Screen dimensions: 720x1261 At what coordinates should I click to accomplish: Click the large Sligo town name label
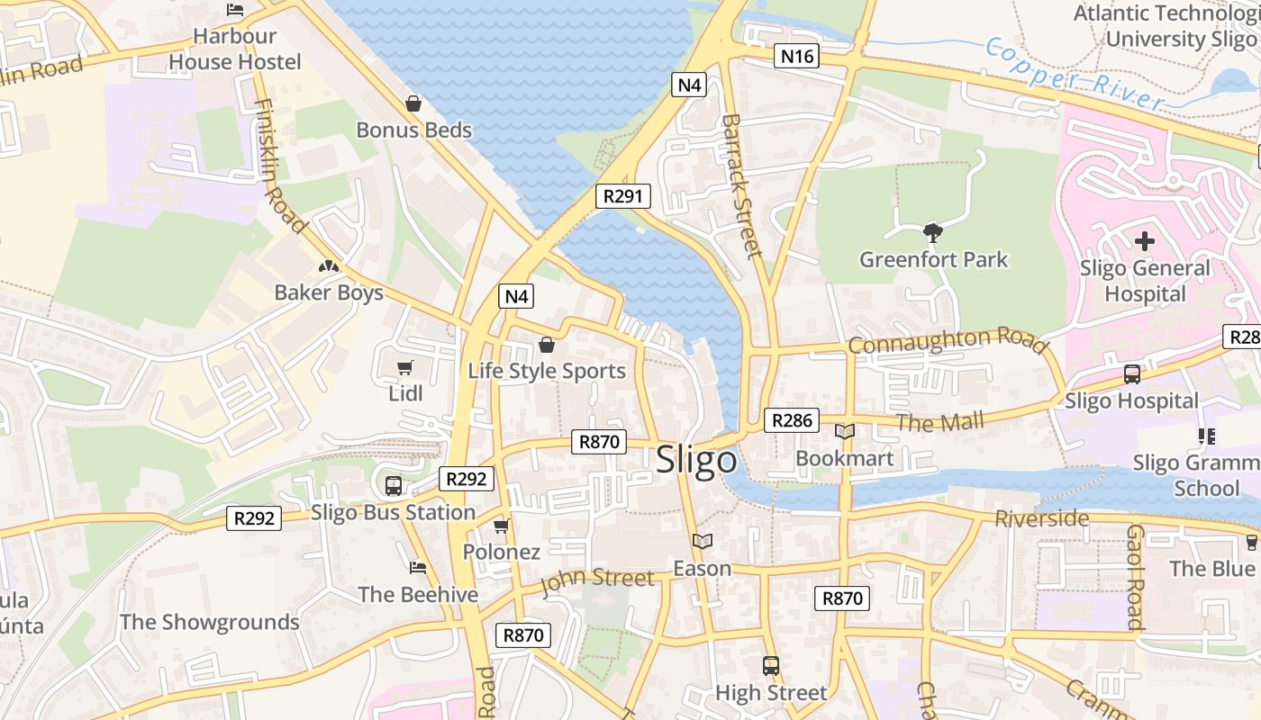[x=696, y=460]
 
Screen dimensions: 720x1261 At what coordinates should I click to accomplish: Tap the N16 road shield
[x=797, y=57]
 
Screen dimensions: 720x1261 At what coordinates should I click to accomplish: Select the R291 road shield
[x=622, y=196]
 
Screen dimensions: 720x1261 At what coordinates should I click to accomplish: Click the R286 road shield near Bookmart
[x=792, y=419]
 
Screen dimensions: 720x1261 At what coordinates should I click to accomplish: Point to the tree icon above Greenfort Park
[x=933, y=233]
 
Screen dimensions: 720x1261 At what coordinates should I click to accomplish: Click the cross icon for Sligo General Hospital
[x=1145, y=241]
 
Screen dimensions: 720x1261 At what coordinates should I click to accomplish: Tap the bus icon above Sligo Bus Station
[x=394, y=485]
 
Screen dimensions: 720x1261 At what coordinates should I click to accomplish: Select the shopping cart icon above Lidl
[x=405, y=367]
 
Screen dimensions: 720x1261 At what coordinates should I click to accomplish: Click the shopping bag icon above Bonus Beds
[x=413, y=103]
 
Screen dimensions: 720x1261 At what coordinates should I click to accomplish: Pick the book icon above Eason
[x=702, y=541]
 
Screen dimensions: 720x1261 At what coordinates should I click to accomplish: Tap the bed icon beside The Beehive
[x=417, y=567]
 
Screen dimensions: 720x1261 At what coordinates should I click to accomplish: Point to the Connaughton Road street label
[x=948, y=341]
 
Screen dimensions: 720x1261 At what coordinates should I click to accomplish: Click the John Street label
[x=597, y=580]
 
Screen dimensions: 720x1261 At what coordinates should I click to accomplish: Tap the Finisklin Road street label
[x=280, y=166]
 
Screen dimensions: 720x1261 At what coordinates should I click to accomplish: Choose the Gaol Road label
[x=1135, y=577]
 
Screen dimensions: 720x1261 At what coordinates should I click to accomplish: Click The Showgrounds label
[x=209, y=622]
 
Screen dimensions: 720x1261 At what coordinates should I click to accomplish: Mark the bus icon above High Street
[x=771, y=665]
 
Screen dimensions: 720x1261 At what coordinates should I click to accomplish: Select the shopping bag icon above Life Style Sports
[x=546, y=345]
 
